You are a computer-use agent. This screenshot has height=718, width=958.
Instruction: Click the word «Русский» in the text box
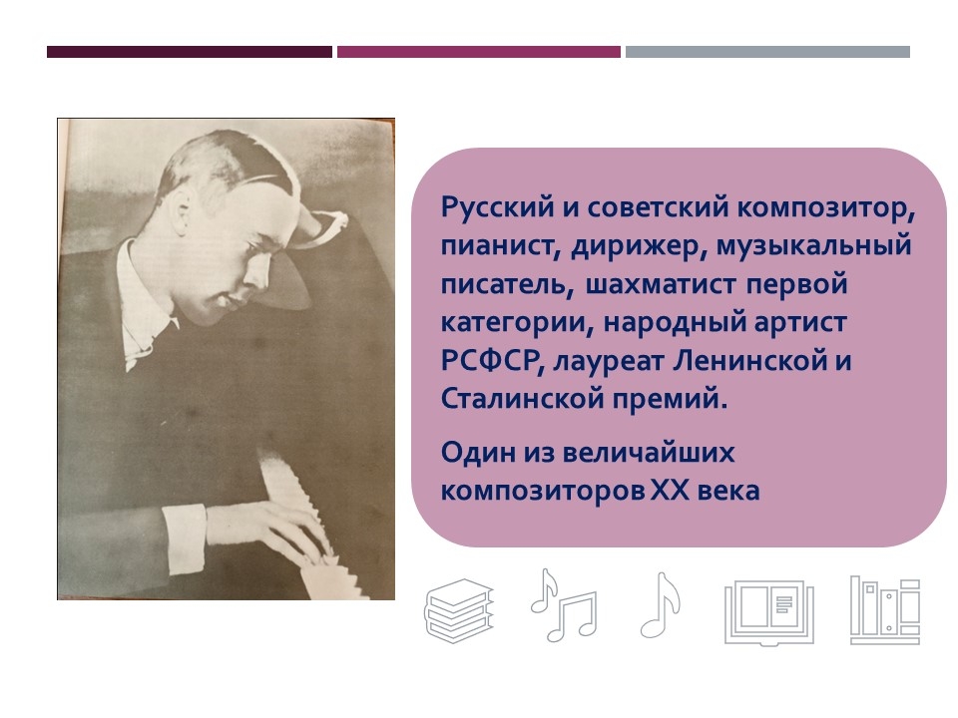(497, 208)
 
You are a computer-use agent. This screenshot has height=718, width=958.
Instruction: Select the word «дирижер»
(638, 246)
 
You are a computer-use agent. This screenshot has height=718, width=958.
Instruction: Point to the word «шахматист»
(661, 284)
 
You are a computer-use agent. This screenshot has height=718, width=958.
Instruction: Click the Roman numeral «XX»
(668, 491)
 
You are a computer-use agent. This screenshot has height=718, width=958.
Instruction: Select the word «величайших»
(648, 453)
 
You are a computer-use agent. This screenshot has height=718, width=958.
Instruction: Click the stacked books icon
(459, 610)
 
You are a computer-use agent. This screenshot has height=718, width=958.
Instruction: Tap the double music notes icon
(563, 605)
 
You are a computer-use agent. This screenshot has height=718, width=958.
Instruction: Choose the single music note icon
(660, 605)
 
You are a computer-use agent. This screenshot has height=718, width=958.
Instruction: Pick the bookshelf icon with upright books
(885, 610)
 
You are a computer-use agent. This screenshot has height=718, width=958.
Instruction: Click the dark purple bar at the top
(190, 52)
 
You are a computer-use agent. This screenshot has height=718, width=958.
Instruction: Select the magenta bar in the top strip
(478, 52)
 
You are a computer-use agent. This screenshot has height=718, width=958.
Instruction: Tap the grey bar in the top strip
(767, 52)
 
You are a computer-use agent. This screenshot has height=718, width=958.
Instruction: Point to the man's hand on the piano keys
(268, 530)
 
